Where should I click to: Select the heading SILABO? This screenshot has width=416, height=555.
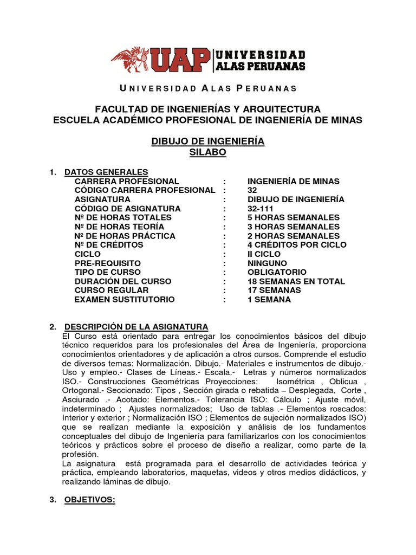coord(207,153)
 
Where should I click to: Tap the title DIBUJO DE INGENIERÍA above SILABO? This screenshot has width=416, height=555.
coord(207,141)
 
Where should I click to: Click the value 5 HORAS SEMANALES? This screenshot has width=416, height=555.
coord(293,218)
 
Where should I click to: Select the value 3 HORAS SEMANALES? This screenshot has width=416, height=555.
coord(293,227)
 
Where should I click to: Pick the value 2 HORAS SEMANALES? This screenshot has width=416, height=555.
coord(293,236)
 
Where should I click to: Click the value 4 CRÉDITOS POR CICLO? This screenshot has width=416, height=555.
coord(296,245)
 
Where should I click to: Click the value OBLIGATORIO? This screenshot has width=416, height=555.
coord(277,272)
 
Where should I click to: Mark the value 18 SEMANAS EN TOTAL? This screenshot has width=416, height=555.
coord(296,281)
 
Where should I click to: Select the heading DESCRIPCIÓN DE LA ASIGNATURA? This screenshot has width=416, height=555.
coord(136,326)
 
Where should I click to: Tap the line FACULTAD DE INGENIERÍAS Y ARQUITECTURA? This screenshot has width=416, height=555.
coord(207,109)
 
